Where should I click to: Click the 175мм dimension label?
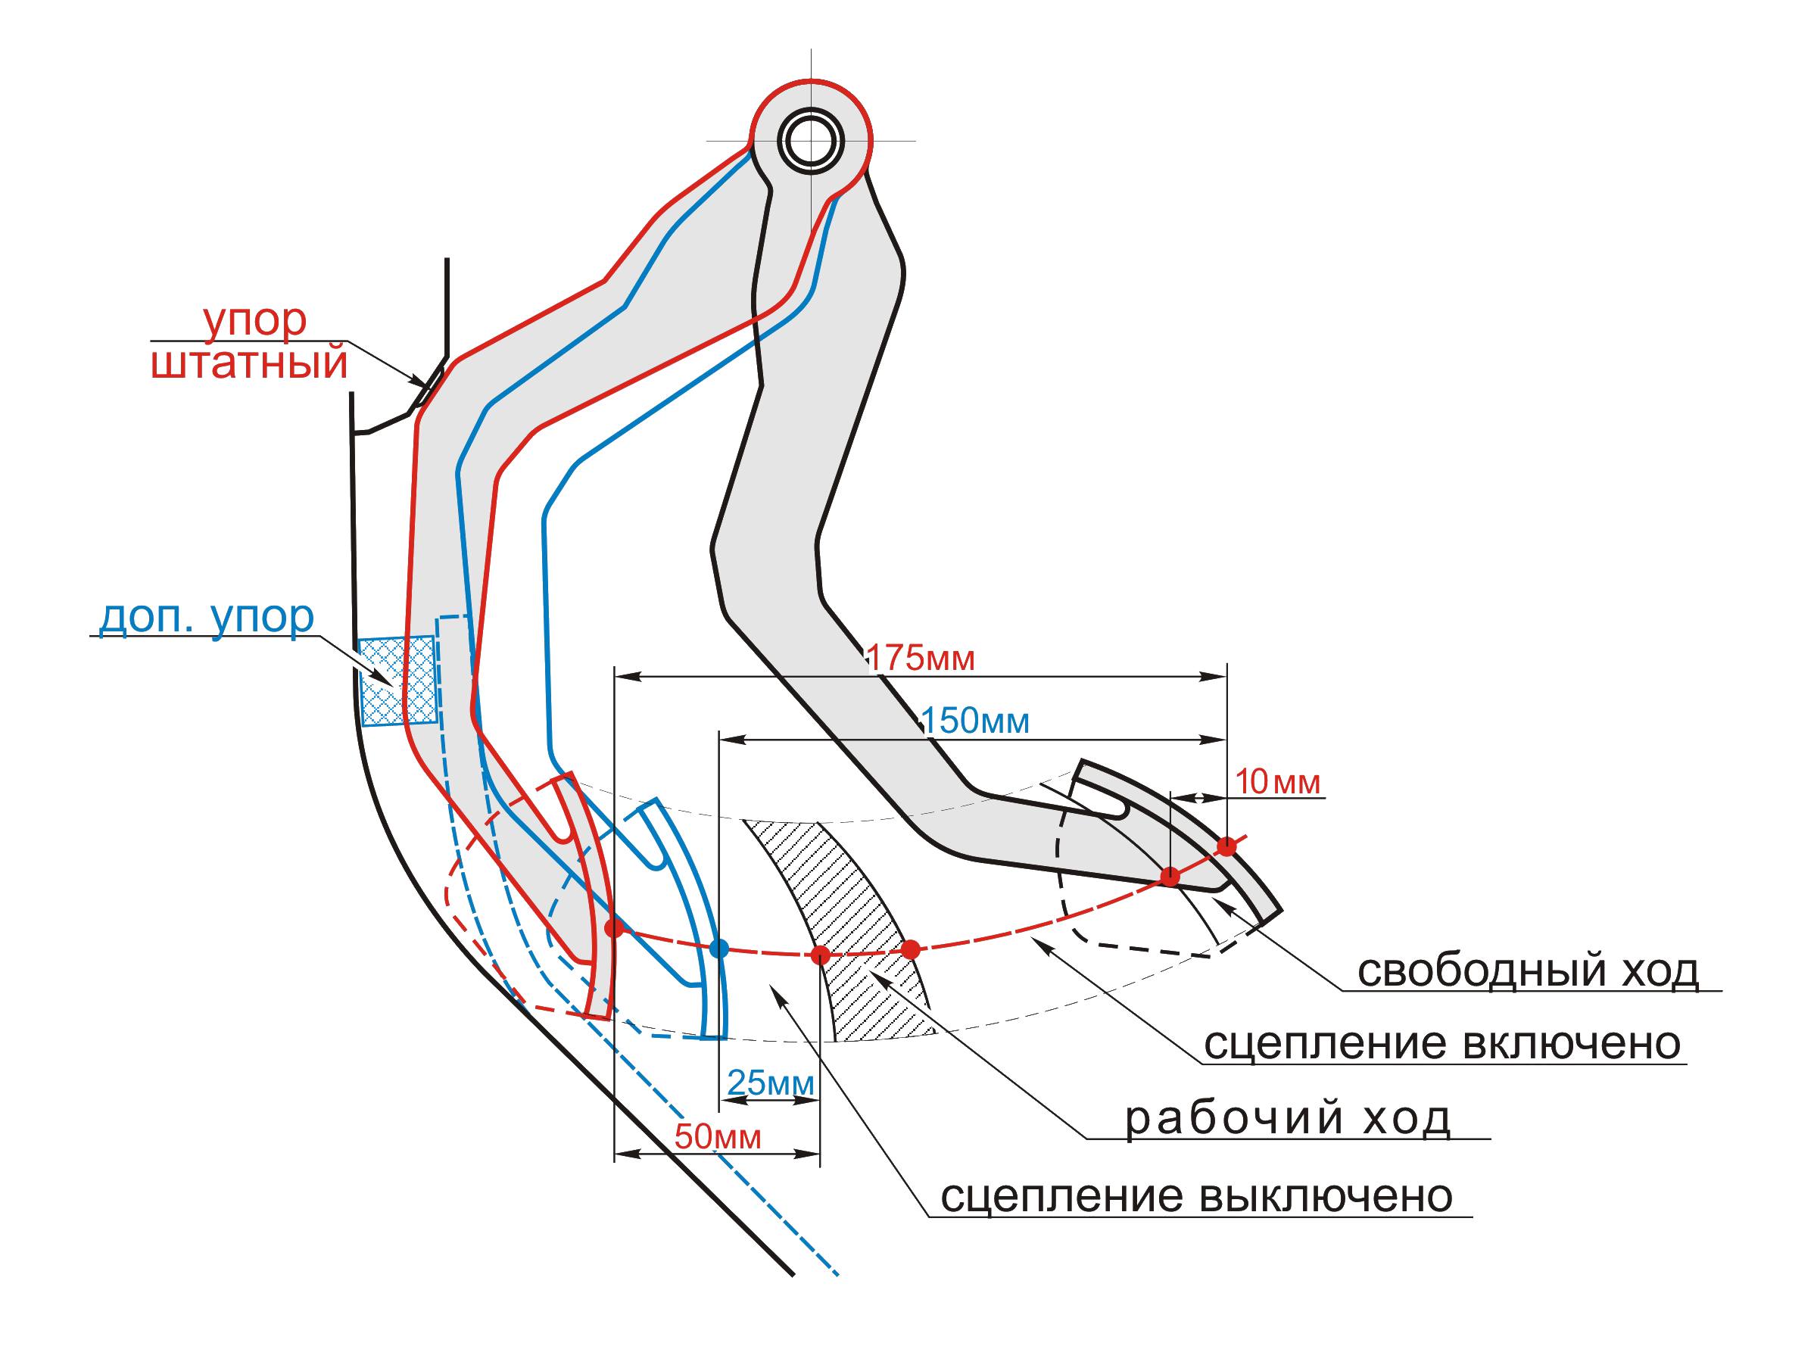coord(921,658)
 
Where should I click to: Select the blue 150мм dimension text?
coord(974,720)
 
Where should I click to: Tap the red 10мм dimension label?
coord(1278,782)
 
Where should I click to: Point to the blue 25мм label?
coord(770,1083)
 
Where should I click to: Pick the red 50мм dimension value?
coord(718,1136)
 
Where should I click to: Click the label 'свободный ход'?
coord(1528,971)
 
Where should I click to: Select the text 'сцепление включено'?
coord(1442,1043)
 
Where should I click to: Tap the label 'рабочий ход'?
coord(1287,1119)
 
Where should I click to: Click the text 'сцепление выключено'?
coord(1197,1196)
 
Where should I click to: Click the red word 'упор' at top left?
coord(255,320)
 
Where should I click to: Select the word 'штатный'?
coord(250,362)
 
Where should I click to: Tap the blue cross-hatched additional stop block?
coord(397,681)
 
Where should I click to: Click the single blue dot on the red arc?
coord(718,948)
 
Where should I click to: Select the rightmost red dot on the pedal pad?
coord(1226,846)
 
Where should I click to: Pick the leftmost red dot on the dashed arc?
coord(614,928)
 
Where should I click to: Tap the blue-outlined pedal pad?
coord(683,912)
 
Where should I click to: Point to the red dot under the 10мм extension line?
coord(1169,877)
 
